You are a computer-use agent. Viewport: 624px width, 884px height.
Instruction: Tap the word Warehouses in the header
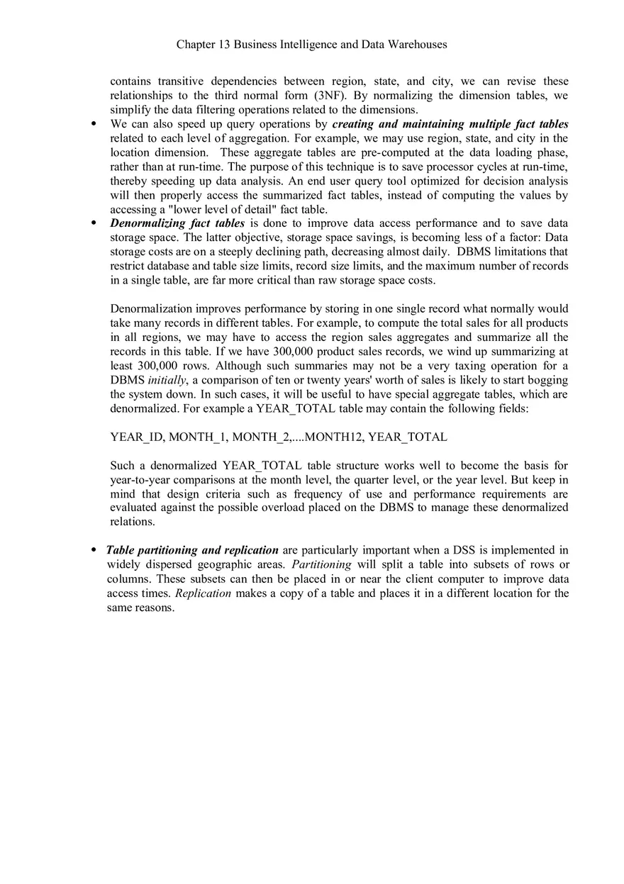(x=417, y=45)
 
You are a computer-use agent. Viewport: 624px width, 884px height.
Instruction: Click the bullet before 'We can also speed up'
(x=94, y=124)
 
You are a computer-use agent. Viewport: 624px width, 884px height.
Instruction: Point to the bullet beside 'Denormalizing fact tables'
(x=94, y=223)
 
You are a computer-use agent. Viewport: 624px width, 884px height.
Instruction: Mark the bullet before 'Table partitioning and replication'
(x=94, y=551)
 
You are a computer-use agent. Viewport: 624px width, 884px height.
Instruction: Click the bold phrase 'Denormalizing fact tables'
(x=177, y=223)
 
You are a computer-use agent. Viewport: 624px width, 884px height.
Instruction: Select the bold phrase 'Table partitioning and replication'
(x=192, y=550)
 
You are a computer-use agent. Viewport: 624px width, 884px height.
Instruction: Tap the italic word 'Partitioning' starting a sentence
(x=321, y=564)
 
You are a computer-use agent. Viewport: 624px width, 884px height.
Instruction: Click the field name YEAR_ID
(x=136, y=437)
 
